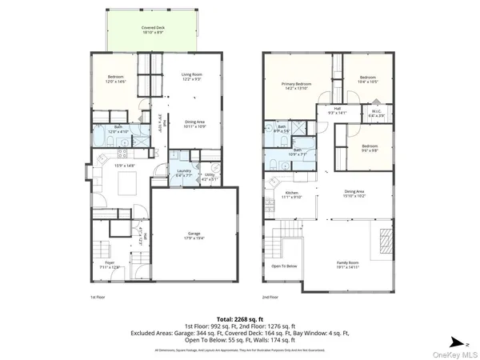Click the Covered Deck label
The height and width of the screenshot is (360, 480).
(x=153, y=30)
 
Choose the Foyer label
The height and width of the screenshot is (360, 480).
(x=109, y=265)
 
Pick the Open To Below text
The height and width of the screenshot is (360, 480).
(x=284, y=266)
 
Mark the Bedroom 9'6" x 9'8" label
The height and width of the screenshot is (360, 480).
(x=369, y=147)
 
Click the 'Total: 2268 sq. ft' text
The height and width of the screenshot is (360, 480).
(x=240, y=318)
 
